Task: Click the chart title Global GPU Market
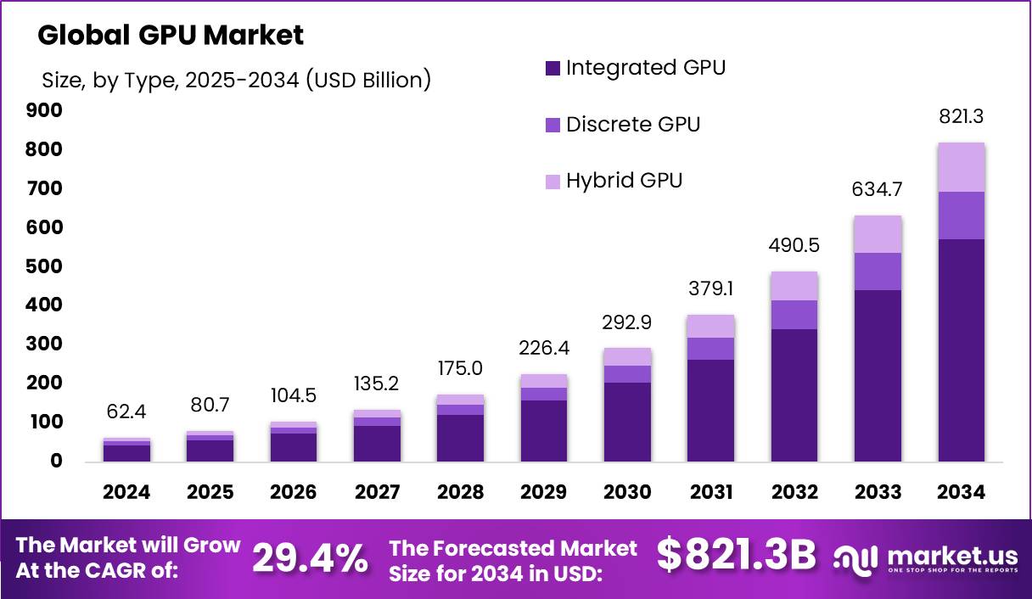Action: [170, 36]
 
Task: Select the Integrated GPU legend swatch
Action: [552, 69]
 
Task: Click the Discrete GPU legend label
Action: [632, 125]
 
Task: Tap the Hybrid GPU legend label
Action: [624, 181]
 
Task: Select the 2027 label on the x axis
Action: [377, 492]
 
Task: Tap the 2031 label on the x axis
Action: [710, 492]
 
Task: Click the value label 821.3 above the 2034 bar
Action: [961, 118]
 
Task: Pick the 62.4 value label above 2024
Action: [127, 413]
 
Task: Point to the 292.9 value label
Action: [627, 322]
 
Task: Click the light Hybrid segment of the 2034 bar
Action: [961, 167]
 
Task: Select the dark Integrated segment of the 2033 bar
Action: [878, 375]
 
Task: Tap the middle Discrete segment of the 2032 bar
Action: [794, 315]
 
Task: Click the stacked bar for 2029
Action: [544, 417]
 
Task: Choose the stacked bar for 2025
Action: [210, 446]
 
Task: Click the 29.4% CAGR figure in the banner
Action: [311, 557]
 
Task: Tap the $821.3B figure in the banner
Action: [736, 556]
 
